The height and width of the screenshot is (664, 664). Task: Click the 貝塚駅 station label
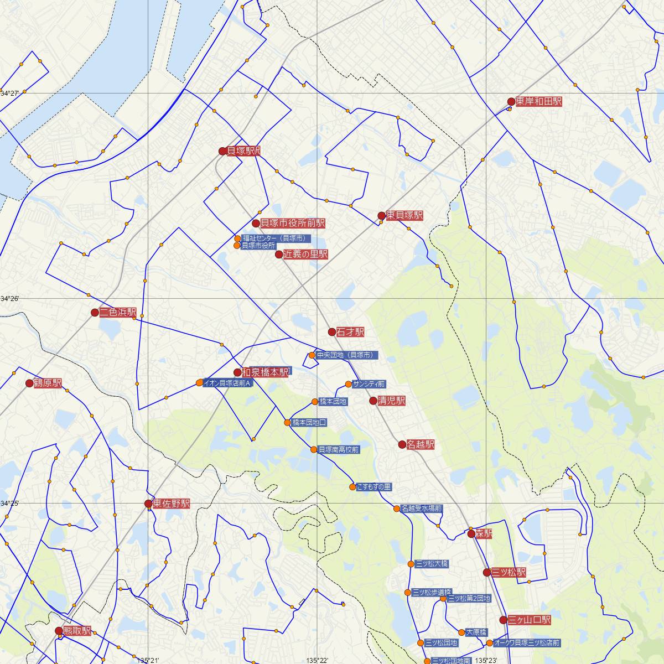pos(243,151)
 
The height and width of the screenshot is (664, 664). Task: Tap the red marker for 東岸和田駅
pos(511,102)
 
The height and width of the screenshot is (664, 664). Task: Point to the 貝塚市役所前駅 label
pos(292,224)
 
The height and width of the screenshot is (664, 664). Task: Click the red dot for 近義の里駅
pos(279,255)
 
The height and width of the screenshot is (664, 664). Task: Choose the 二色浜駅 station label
pos(118,313)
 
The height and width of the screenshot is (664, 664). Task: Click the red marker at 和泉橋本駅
pos(237,373)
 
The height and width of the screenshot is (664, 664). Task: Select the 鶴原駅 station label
pos(48,383)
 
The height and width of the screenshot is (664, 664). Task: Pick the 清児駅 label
pos(391,401)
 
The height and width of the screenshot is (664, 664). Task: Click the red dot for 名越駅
pos(402,444)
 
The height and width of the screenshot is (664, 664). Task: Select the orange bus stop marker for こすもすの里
pos(352,487)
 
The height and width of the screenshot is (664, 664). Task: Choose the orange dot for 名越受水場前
pos(397,509)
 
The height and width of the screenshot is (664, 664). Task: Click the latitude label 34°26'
pos(9,299)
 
